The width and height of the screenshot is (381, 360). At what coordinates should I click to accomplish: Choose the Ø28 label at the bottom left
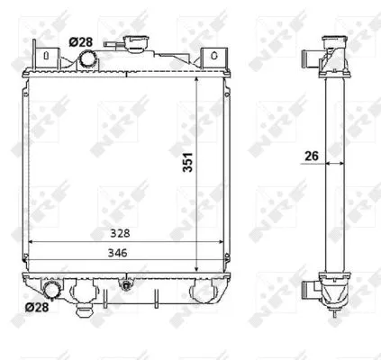[36, 308]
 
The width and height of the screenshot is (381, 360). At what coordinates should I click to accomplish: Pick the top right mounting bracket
[213, 57]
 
